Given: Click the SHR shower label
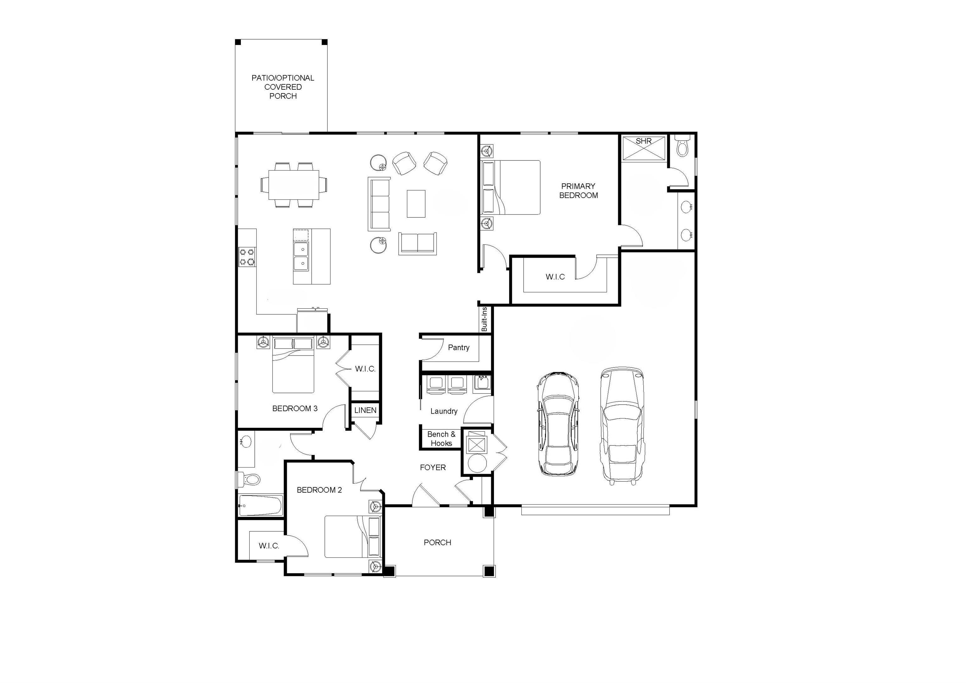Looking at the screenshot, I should click(643, 141).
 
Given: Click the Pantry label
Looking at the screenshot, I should click(458, 348).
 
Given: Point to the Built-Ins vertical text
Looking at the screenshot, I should click(484, 319).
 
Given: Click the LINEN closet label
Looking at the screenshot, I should click(365, 410).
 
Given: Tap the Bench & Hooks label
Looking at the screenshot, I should click(441, 439).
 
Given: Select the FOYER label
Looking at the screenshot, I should click(432, 467).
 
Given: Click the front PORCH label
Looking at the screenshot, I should click(437, 542).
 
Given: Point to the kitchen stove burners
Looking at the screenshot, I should click(247, 257).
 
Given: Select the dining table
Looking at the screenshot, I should click(294, 185).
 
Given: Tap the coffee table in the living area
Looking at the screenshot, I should click(416, 204).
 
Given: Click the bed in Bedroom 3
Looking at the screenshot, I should click(293, 365).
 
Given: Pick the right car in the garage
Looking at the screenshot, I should click(622, 425).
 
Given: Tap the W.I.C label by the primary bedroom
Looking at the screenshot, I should click(555, 277).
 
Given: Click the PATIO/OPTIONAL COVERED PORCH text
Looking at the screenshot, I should click(283, 87).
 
